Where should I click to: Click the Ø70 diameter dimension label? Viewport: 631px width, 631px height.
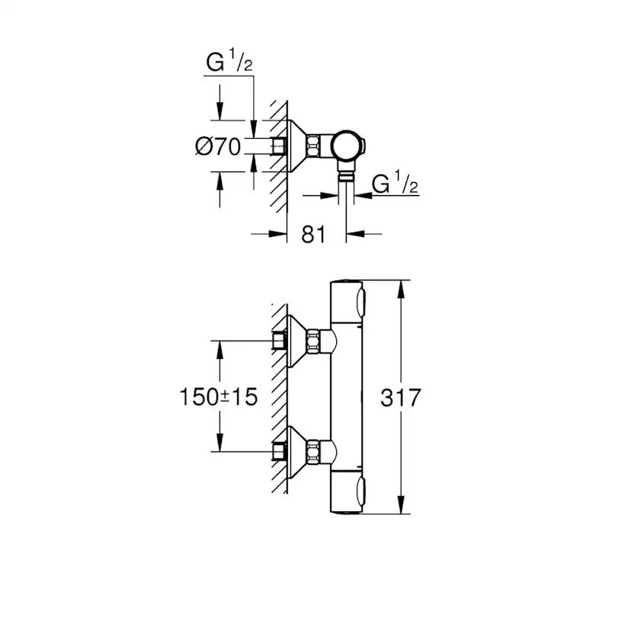click(x=219, y=146)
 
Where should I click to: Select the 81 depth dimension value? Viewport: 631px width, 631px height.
click(x=313, y=234)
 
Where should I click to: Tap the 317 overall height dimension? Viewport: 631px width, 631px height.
click(x=401, y=397)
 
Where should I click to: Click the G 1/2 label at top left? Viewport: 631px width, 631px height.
click(x=228, y=64)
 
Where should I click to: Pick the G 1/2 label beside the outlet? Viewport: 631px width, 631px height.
click(x=394, y=184)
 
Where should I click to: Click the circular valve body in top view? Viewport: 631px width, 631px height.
click(x=347, y=145)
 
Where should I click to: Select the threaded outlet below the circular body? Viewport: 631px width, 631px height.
click(x=347, y=177)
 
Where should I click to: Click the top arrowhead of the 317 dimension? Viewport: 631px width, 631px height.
click(x=401, y=286)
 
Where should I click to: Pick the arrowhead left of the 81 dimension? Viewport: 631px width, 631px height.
click(x=278, y=234)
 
